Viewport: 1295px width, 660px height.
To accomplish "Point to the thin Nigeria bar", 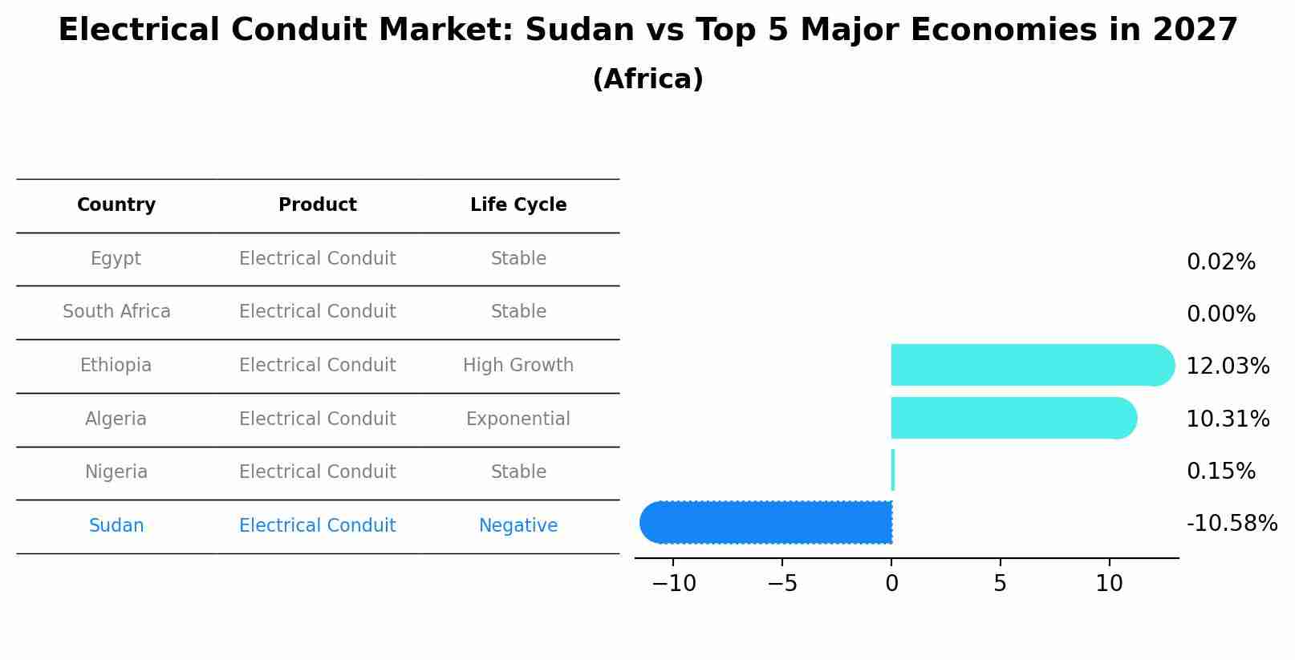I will (x=893, y=470).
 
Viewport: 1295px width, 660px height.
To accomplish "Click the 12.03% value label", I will (x=1228, y=366).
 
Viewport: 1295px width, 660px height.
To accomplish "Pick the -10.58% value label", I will (x=1232, y=524).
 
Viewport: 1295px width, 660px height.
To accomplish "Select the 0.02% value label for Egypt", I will (x=1220, y=262).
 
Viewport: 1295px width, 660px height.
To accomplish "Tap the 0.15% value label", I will (x=1220, y=472).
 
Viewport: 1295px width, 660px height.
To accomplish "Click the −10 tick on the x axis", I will (x=673, y=584).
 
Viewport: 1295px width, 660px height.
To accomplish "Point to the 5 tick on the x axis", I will (x=1000, y=584).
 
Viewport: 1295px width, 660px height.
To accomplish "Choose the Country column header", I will (x=116, y=205).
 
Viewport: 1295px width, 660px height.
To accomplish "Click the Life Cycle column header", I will (x=518, y=205).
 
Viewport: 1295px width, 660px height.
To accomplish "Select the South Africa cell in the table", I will (x=116, y=312).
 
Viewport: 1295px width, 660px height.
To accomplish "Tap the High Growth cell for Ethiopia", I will (x=518, y=366).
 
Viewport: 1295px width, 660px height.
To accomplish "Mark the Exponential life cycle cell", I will (x=518, y=419).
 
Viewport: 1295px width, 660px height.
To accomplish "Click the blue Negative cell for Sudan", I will (x=518, y=526).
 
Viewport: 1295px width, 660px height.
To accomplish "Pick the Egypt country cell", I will (x=116, y=259).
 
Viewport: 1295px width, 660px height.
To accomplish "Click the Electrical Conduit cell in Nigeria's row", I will (x=318, y=472).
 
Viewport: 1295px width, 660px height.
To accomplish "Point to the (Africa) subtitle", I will (x=647, y=79).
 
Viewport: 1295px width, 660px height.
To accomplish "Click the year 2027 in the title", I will (x=1195, y=30).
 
